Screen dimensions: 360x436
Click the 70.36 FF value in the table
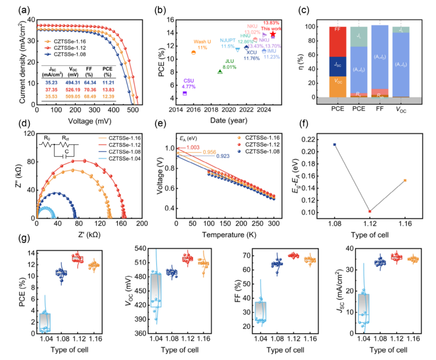click(x=87, y=89)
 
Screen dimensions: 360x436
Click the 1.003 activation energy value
click(x=193, y=147)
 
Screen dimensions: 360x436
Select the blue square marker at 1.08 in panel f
click(x=335, y=145)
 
